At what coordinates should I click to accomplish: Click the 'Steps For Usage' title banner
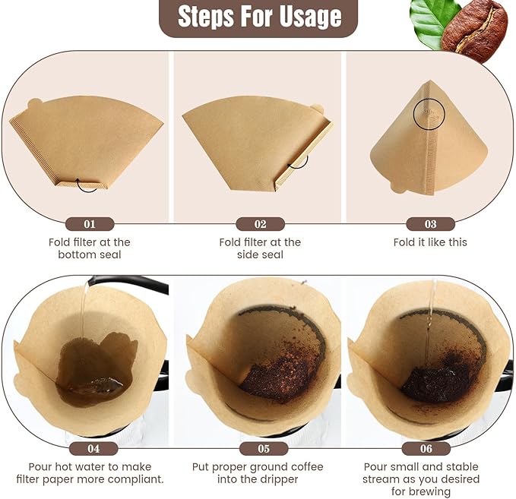click(258, 17)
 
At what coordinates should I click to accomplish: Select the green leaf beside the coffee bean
click(433, 14)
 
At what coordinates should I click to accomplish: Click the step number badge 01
click(90, 224)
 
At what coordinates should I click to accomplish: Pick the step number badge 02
click(260, 224)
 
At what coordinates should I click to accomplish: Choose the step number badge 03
click(430, 224)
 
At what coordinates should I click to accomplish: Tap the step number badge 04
click(90, 448)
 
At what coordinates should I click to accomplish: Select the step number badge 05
click(260, 448)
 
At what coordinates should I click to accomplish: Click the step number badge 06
click(430, 448)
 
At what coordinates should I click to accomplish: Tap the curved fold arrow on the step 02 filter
click(297, 160)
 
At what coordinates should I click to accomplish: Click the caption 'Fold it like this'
click(430, 242)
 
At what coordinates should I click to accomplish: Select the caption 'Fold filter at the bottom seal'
click(90, 248)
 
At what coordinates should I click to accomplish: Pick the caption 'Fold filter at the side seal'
click(260, 248)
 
